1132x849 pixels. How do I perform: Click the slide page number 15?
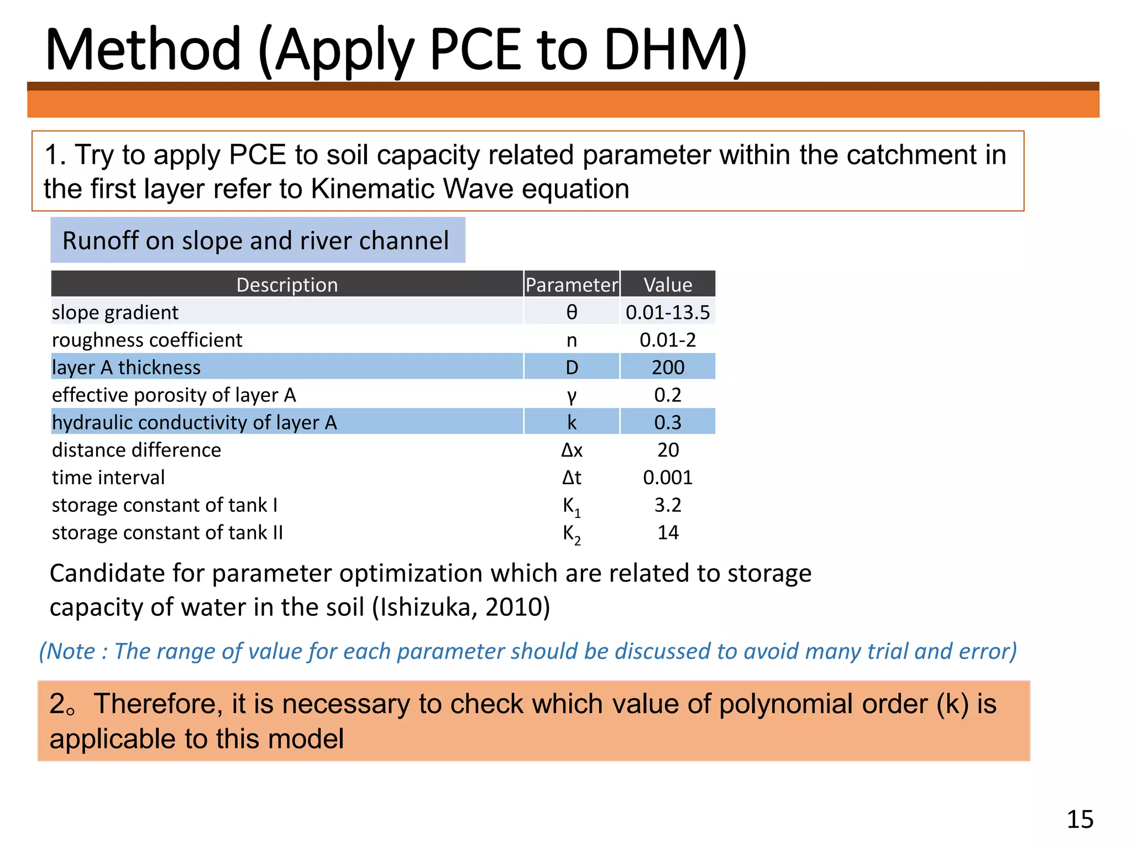point(1079,819)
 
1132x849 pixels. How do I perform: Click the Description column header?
point(287,285)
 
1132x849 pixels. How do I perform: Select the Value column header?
point(668,285)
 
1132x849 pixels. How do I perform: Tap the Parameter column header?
point(572,285)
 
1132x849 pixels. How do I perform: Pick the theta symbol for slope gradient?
point(572,312)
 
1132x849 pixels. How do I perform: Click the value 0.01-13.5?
point(668,312)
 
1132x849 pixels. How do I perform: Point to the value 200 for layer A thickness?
point(668,368)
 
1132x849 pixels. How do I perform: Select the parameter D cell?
point(572,368)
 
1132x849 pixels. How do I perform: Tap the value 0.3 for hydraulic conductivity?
point(668,423)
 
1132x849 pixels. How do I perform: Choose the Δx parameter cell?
point(572,450)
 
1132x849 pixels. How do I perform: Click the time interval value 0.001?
point(668,478)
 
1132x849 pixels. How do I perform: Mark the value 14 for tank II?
point(668,533)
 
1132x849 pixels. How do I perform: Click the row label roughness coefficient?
point(147,340)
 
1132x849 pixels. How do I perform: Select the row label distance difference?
point(137,450)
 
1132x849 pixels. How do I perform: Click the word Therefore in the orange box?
point(155,704)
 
